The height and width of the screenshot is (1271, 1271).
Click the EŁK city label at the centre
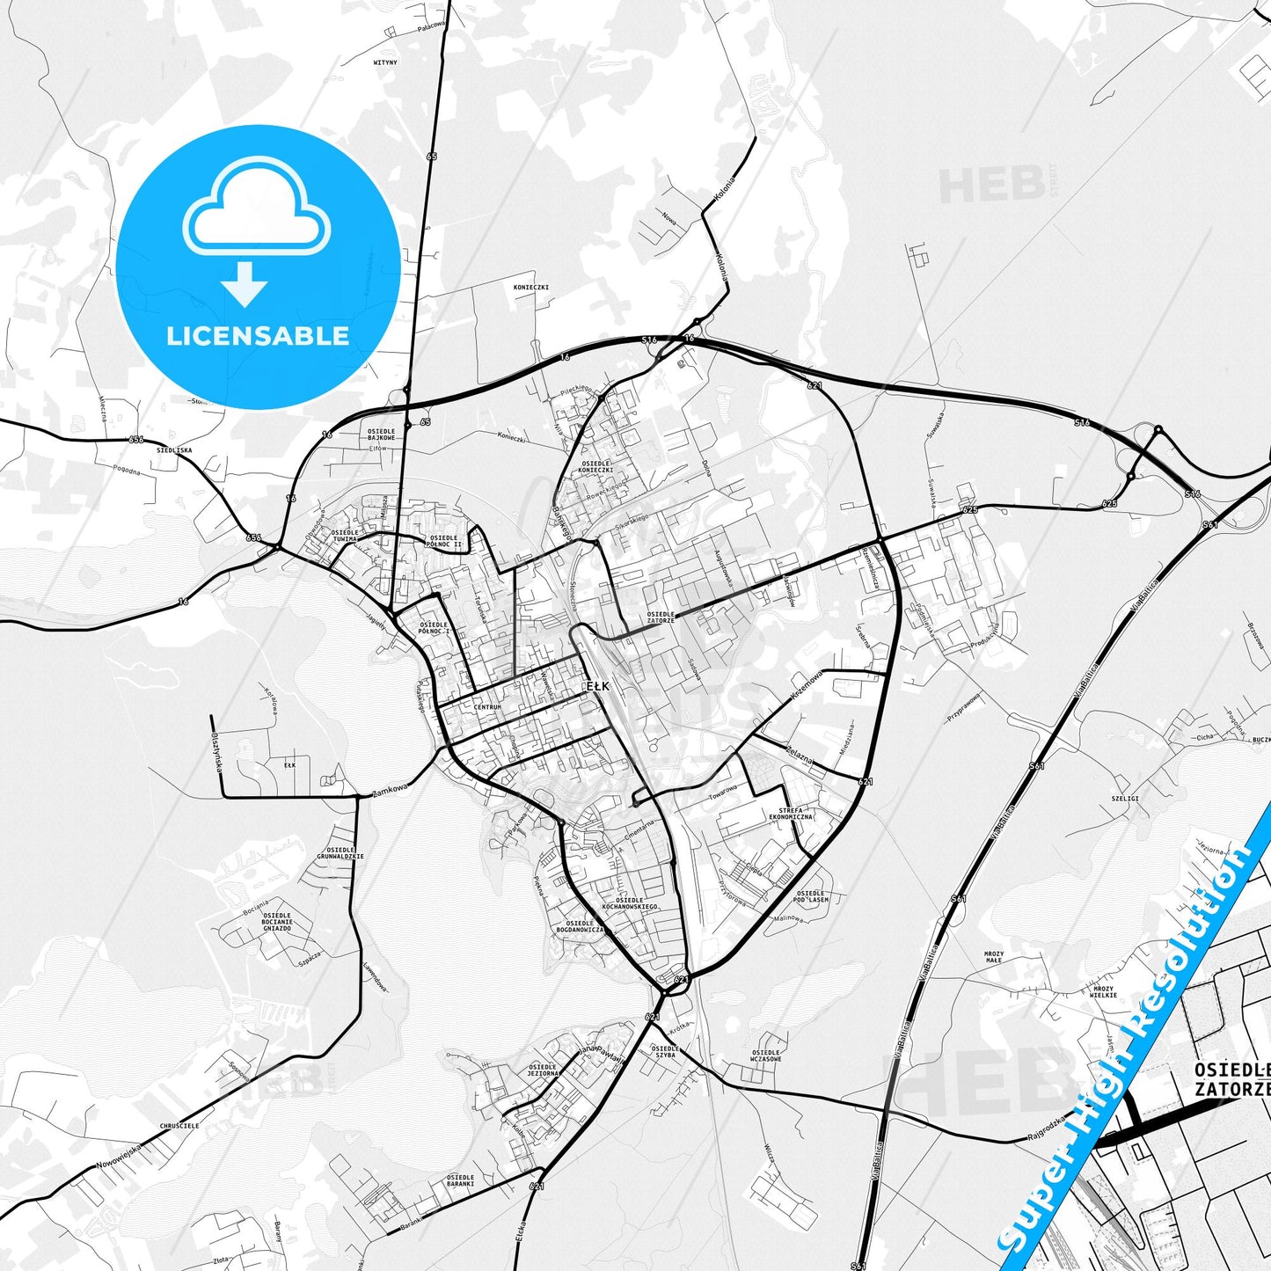[x=597, y=686]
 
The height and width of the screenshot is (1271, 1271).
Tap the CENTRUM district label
[x=486, y=707]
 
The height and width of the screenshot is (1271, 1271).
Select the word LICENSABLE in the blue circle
[x=258, y=335]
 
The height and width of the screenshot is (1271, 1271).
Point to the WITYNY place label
[x=385, y=63]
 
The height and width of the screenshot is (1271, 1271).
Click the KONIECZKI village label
[x=531, y=288]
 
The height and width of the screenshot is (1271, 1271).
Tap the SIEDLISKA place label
[x=174, y=449]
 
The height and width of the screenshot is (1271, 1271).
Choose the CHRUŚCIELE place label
[x=179, y=1125]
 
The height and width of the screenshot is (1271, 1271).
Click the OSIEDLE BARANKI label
[x=460, y=1180]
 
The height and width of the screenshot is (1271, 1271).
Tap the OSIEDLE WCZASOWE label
[x=766, y=1056]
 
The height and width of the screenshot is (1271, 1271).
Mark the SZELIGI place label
[x=1125, y=799]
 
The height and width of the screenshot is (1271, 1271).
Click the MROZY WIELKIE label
[x=1104, y=991]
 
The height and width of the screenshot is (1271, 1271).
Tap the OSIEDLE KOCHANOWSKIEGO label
[x=630, y=903]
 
